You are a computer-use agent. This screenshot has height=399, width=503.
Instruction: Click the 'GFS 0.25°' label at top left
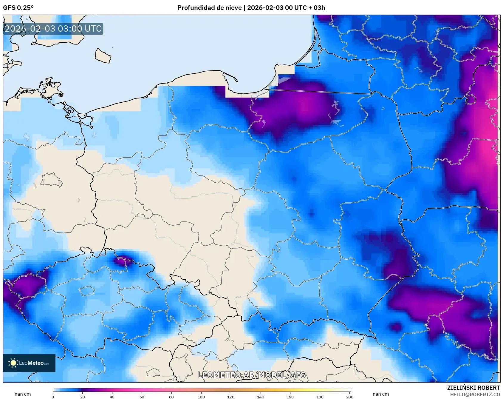click(x=18, y=8)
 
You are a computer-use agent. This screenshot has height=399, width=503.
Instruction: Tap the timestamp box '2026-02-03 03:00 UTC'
click(x=53, y=29)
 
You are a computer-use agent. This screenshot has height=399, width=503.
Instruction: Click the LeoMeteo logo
click(x=29, y=363)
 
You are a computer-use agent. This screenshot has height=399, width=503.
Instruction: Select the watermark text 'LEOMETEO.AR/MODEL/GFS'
click(x=252, y=375)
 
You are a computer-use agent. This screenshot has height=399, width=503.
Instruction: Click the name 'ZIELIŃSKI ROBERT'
click(x=473, y=388)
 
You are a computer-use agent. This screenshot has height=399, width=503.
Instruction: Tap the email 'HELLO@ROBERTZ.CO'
click(x=475, y=395)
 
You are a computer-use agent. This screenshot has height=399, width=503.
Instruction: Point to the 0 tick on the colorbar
click(x=53, y=397)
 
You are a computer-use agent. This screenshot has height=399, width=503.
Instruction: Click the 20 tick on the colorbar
click(x=83, y=397)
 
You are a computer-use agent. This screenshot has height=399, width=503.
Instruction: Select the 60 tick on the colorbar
click(x=142, y=397)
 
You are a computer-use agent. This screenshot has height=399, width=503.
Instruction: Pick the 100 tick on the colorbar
click(x=201, y=397)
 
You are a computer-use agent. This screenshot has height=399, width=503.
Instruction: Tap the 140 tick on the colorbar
click(x=261, y=397)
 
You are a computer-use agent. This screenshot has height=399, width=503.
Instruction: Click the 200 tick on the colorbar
click(x=349, y=397)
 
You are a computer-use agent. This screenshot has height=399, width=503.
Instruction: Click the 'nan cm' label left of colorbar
click(x=23, y=394)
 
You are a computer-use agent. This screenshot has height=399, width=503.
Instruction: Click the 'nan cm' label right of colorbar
click(x=380, y=394)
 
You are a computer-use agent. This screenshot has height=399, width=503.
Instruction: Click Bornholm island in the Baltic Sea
click(x=103, y=56)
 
